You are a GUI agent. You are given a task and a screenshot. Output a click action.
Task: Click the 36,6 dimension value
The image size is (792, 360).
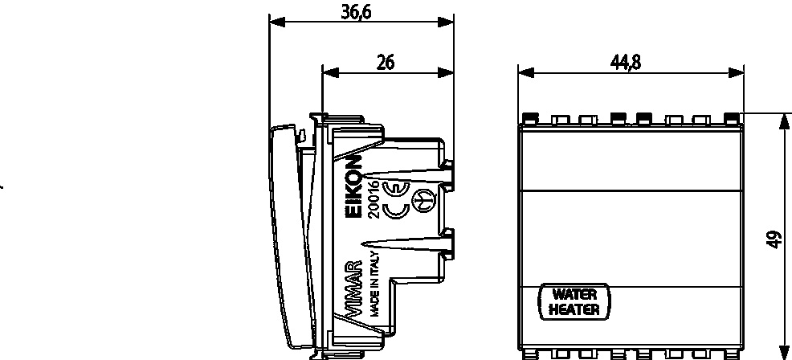coord(356,12)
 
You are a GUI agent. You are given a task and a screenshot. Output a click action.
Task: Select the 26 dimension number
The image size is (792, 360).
coord(386,63)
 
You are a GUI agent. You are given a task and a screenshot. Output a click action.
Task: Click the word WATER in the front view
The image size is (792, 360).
coord(574,294)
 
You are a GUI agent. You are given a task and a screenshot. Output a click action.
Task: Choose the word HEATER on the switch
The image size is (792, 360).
coord(574,309)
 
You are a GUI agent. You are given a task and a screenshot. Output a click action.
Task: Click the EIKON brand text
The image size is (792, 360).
coord(356,186)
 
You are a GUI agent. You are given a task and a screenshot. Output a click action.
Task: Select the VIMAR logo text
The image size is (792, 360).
coord(354,289)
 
